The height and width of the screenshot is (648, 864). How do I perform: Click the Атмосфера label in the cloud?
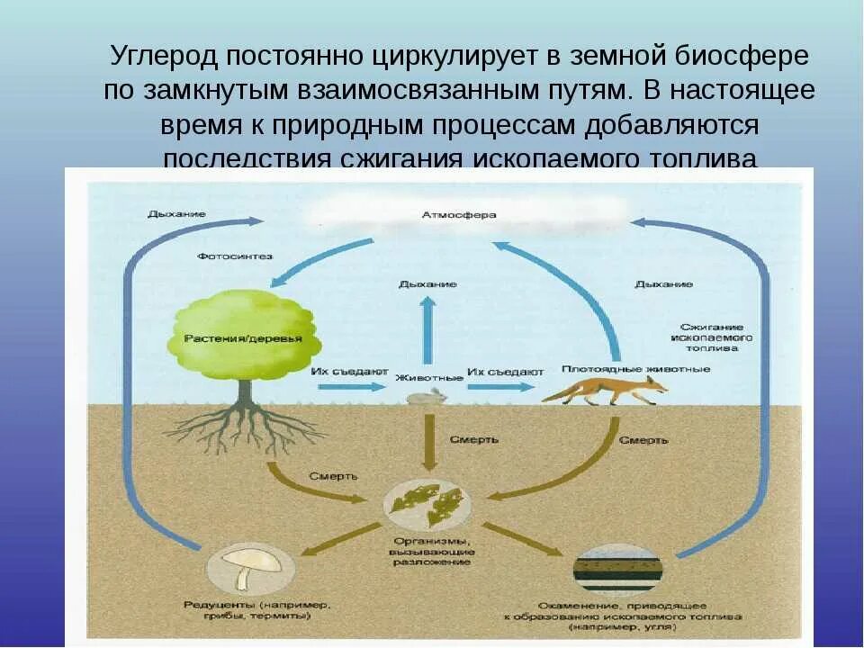pos(458,215)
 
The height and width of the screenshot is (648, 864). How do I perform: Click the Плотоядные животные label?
pos(613,368)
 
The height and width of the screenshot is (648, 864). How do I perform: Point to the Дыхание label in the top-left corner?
pos(176,214)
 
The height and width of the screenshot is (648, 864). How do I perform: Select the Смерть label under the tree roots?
pos(334,475)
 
